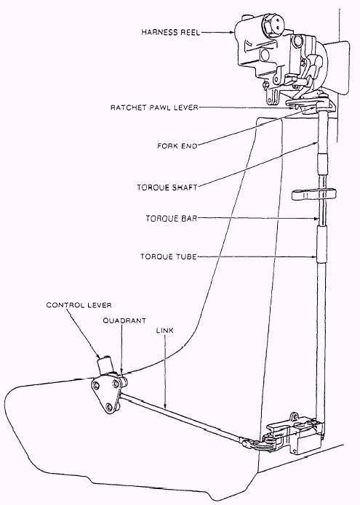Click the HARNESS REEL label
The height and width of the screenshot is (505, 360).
coord(170,32)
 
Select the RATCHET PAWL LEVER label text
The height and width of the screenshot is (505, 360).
coord(154,108)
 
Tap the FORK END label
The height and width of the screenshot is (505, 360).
coord(177,146)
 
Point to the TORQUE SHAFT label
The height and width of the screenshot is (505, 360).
coord(167,187)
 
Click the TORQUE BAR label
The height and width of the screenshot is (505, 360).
coord(171,219)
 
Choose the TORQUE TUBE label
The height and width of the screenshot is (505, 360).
coord(168,256)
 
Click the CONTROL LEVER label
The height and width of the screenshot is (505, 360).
coord(79,304)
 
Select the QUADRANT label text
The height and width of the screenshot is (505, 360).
coord(124,320)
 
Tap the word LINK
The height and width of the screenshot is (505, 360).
coord(164,330)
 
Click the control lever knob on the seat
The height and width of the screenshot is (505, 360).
coord(105,365)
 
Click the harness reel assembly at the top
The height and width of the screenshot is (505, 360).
coord(284,58)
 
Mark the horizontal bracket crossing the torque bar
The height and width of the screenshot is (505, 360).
coord(314,195)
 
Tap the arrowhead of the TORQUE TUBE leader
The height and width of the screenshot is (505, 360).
coord(314,256)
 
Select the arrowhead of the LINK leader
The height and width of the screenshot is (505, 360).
coord(165,405)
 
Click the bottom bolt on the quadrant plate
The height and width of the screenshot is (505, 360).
coord(110,407)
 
